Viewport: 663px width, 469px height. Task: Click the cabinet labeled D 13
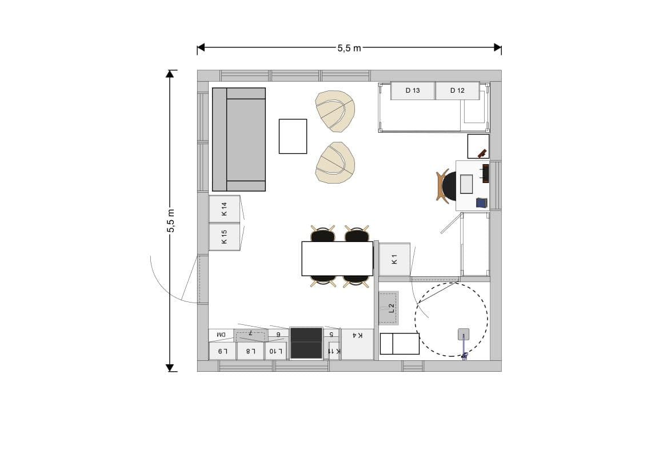[x=412, y=90]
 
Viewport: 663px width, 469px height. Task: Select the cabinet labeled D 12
[x=457, y=90]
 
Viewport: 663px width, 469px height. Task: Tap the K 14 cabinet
[x=225, y=209]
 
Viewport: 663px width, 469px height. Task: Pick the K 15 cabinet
[x=225, y=237]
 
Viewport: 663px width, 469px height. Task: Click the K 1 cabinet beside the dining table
[x=394, y=259]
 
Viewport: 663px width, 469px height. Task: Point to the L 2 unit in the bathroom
[x=389, y=308]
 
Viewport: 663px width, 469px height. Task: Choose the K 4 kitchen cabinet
[x=357, y=344]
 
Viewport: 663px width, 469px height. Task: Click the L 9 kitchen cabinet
[x=222, y=351]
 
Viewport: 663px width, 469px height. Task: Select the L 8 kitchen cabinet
[x=250, y=351]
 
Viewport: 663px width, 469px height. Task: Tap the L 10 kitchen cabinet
[x=275, y=351]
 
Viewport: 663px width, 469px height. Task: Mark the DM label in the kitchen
[x=221, y=335]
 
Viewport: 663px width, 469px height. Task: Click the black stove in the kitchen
[x=306, y=343]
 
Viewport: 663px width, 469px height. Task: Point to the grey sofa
[x=239, y=140]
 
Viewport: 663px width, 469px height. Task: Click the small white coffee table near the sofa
[x=293, y=136]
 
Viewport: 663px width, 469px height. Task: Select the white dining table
[x=337, y=259]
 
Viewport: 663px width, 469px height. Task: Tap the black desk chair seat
[x=449, y=186]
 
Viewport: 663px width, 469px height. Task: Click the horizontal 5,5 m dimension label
[x=349, y=48]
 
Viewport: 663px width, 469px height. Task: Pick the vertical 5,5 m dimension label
[x=170, y=221]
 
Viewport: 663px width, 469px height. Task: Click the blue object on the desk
[x=482, y=202]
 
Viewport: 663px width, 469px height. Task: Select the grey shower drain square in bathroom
[x=464, y=334]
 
